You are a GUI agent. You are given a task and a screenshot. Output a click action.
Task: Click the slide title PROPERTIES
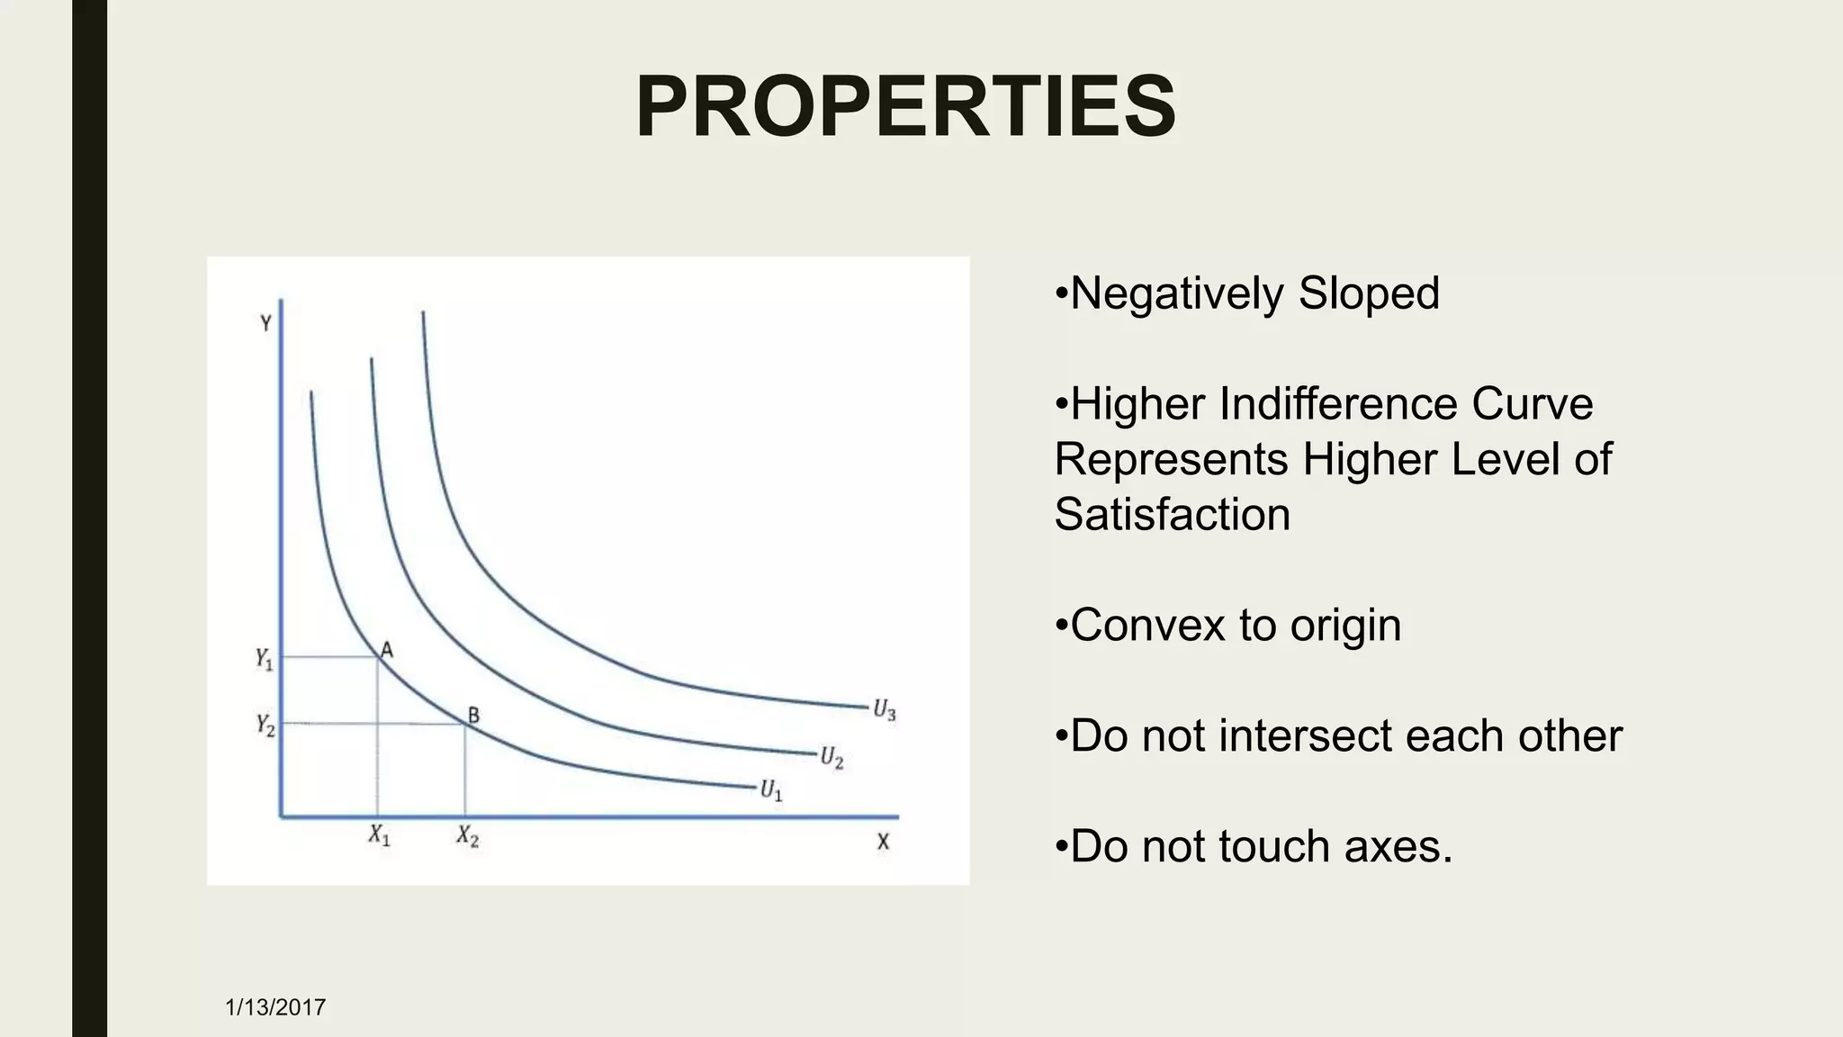click(905, 107)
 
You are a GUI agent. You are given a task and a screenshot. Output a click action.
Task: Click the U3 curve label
click(884, 710)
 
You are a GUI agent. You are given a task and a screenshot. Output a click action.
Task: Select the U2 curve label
click(831, 757)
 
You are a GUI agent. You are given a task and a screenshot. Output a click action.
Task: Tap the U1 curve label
click(771, 791)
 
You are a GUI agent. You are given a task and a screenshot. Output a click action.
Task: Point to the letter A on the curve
click(387, 649)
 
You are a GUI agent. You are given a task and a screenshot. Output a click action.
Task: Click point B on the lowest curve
click(473, 716)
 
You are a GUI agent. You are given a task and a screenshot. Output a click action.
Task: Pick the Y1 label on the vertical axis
click(264, 659)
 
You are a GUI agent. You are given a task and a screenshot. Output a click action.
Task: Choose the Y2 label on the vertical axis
click(265, 725)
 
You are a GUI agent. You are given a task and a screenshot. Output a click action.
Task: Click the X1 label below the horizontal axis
click(379, 836)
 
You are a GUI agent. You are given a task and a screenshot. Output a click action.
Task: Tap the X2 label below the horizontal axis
click(467, 836)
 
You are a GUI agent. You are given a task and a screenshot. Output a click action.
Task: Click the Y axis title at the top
click(265, 323)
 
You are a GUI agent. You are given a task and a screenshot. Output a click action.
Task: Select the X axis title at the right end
click(883, 842)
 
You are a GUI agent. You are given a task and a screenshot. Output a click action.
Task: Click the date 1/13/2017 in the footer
click(275, 1006)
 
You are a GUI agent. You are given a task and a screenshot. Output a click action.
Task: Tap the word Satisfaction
click(1172, 515)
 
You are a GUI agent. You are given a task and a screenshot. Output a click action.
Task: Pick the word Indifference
click(1337, 404)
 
